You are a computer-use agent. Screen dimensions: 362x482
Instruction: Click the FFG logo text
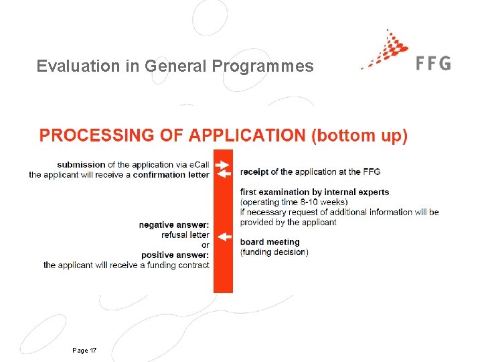point(433,63)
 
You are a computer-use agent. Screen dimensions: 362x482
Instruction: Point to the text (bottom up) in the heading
point(359,135)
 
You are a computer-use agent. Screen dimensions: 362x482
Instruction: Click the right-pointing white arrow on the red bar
point(224,164)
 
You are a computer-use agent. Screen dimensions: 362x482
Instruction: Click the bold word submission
point(81,165)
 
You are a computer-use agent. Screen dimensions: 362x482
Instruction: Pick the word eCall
point(198,165)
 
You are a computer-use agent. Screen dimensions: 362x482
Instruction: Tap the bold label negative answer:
point(174,225)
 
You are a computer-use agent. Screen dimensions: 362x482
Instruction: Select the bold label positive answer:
point(175,255)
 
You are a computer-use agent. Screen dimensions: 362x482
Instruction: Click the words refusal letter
point(185,235)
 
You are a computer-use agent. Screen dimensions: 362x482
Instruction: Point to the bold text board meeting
point(270,242)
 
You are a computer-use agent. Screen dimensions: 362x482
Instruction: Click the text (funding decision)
point(274,252)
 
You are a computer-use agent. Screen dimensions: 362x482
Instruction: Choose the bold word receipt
point(254,172)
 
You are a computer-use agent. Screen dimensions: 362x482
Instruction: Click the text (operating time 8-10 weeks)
point(294,202)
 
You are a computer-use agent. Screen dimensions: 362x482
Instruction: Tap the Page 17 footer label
point(84,351)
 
